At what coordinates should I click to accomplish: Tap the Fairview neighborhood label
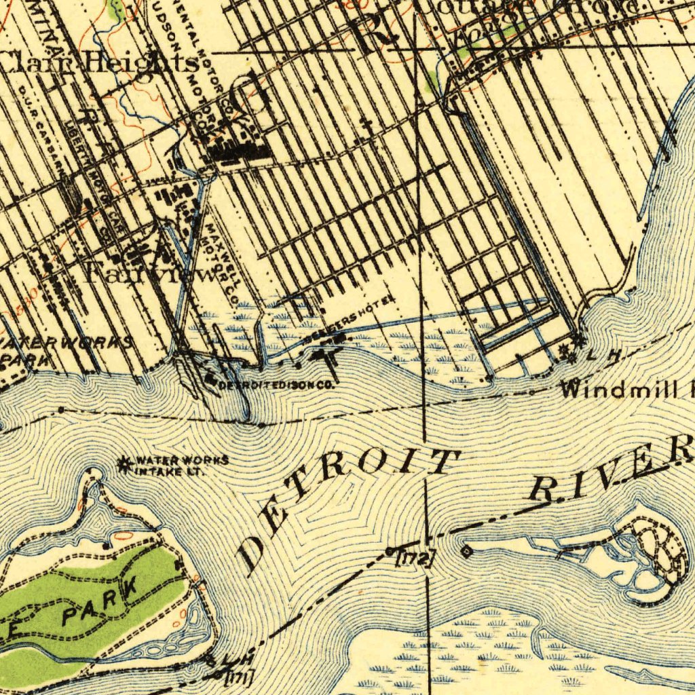(149, 271)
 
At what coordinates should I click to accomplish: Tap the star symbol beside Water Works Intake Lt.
(124, 465)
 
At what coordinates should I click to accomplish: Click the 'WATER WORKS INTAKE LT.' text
(181, 466)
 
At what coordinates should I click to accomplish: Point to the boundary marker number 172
(414, 559)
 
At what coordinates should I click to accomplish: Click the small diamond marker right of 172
(466, 551)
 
